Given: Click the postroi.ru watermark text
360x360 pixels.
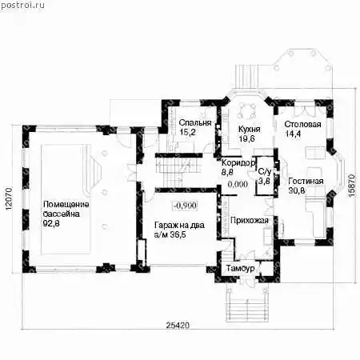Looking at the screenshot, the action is pos(22,6).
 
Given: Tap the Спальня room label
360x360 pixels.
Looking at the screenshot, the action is pos(195,122).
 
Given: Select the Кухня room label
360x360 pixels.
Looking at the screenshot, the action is pos(249,130).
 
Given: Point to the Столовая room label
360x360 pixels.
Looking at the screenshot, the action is pos(302,125).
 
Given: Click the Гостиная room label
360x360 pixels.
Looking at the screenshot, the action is pos(306,182).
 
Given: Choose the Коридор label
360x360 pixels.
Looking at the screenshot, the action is pos(238,162).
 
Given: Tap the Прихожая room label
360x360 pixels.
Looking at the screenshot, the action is pos(250,221).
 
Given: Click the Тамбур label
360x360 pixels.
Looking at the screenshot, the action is pos(240,268).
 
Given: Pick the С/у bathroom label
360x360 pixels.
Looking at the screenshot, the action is pos(264,171).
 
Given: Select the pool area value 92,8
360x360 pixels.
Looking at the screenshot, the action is pos(51,223).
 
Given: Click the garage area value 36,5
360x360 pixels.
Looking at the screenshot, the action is pos(178,235).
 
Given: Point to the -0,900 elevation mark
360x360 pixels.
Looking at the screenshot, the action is pos(185,206).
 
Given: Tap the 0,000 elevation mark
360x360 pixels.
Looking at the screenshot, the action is pos(238,184).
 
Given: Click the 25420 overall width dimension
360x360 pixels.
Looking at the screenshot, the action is pos(178,326).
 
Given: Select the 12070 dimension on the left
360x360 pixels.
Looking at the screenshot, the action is pos(9,199).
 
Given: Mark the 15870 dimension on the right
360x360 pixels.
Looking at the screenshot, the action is pos(352,186).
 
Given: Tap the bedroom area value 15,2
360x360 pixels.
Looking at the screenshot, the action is pos(187,132).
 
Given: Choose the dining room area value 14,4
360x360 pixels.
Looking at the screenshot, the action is pos(293,134).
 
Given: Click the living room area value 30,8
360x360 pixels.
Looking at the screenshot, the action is pos(297,190).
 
